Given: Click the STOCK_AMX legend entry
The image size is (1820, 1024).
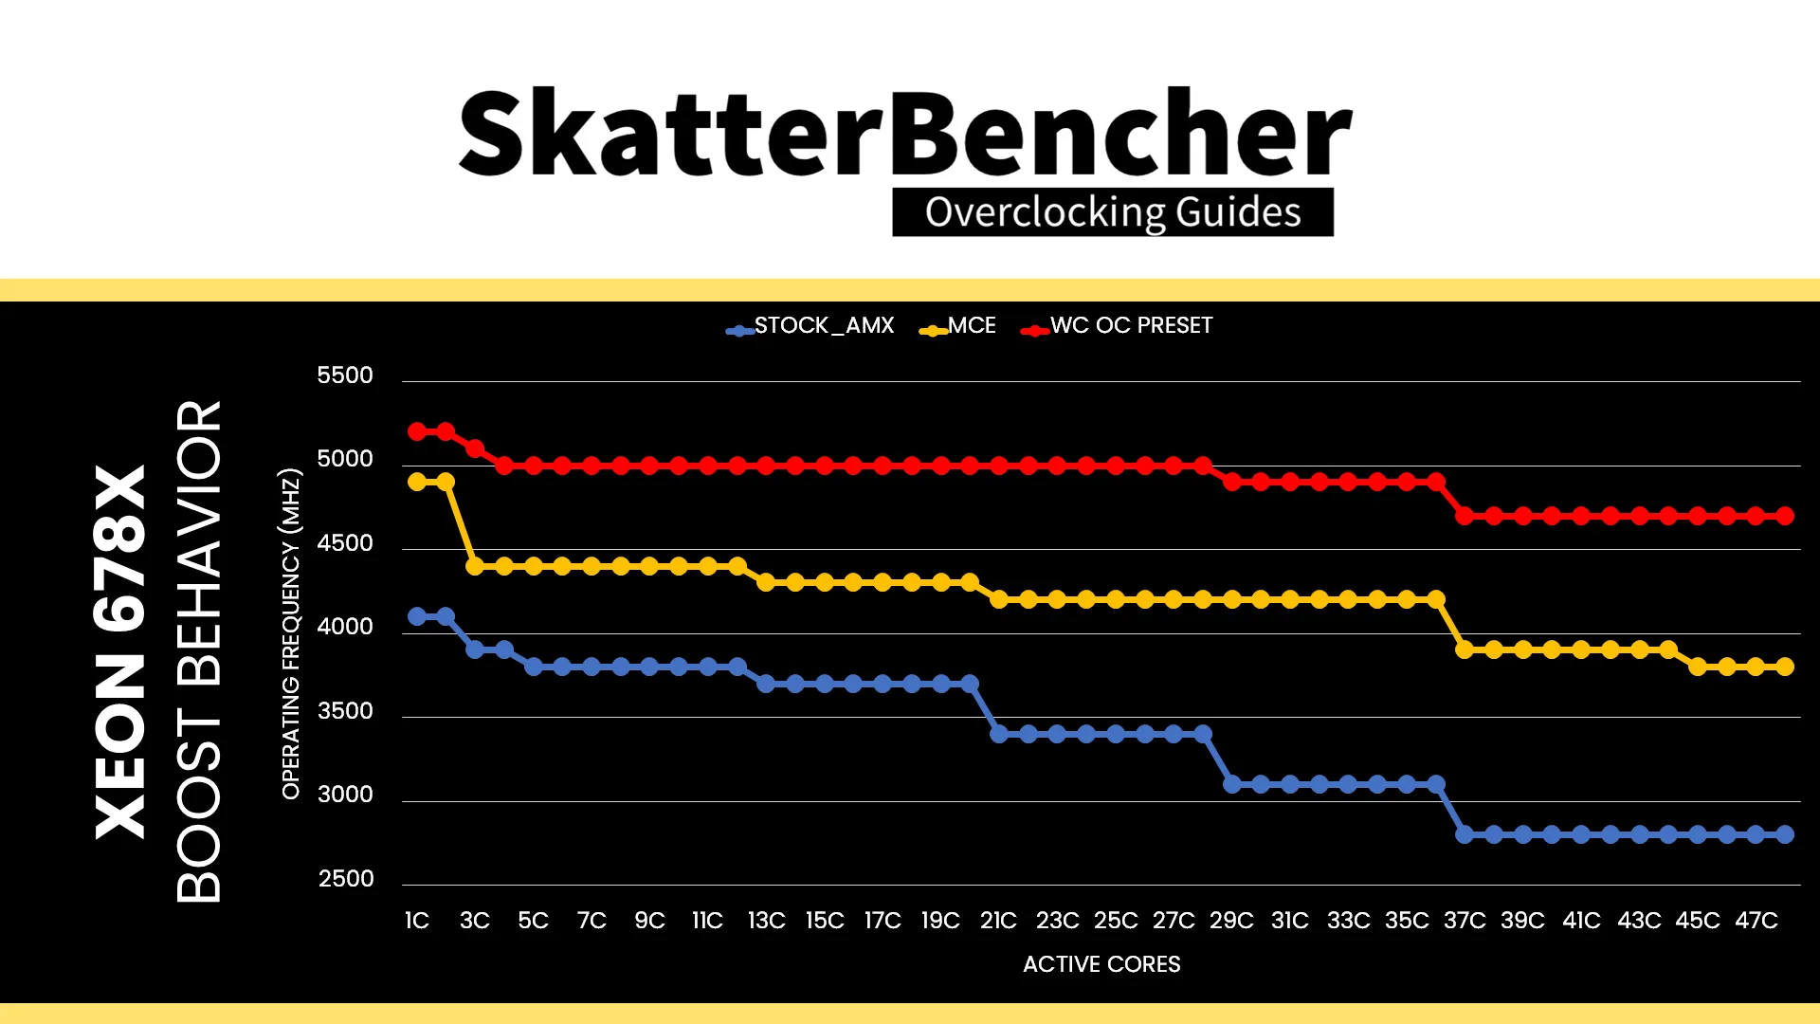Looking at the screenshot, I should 811,326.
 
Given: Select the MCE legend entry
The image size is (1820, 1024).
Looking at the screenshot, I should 958,326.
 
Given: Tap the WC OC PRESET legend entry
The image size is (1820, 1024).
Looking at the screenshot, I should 1118,326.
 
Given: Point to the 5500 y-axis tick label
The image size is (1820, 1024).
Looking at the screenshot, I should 345,375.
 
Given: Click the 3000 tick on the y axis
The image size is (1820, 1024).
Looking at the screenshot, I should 345,795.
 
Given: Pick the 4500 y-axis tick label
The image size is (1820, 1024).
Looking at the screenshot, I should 345,543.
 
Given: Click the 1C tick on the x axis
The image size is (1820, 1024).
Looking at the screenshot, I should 417,921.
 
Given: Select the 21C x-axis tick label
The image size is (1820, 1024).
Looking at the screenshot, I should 998,921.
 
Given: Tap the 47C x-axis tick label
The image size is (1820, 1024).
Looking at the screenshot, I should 1756,921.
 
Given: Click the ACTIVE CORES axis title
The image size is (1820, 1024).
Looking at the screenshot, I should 1101,964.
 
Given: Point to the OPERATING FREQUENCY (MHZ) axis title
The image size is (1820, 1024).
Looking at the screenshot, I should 291,633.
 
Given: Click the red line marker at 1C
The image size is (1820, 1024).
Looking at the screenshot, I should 417,431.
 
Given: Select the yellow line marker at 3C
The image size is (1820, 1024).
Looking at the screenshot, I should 475,566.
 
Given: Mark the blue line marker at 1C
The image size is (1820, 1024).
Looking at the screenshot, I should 417,616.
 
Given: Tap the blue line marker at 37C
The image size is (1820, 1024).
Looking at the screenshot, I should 1465,834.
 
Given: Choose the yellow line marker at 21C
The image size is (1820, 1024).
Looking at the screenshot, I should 998,599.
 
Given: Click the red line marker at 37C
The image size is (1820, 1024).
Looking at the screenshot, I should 1465,516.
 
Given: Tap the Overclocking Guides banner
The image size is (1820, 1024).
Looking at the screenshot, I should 1113,212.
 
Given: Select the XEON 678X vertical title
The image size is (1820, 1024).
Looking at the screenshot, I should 120,651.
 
